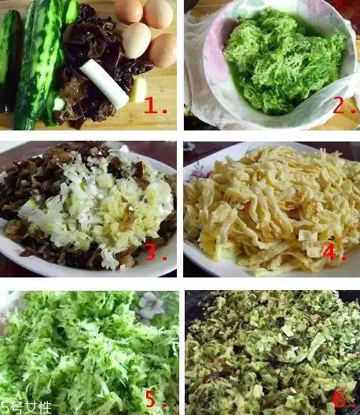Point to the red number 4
click(334, 253)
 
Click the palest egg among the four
click(136, 39)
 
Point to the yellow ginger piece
click(138, 90)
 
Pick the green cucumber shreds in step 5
click(79, 354)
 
